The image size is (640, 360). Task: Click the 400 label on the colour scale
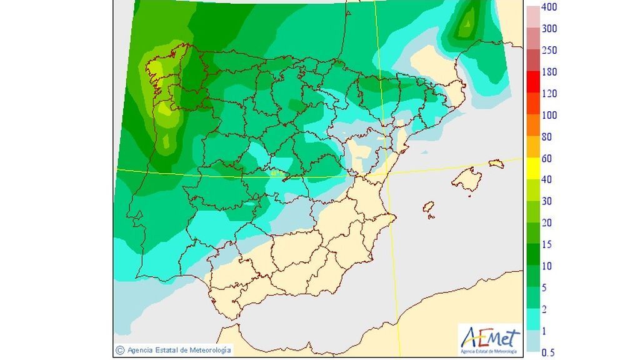[x=549, y=7]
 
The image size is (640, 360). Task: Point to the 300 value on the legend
[x=549, y=29]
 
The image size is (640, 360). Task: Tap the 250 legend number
[x=549, y=51]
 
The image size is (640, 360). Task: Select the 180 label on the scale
[x=549, y=72]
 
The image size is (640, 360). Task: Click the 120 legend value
[x=549, y=94]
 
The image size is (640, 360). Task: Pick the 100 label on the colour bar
[x=549, y=115]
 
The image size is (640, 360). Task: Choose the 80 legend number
[x=547, y=137]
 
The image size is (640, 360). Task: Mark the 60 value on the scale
[x=547, y=158]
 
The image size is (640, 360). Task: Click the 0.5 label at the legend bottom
[x=548, y=352]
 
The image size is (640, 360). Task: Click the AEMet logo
[x=490, y=339]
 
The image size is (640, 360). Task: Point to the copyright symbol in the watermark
[x=120, y=350]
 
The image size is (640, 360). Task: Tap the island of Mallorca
[x=465, y=180]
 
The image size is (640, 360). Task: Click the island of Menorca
[x=496, y=164]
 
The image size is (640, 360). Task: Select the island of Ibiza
[x=429, y=207]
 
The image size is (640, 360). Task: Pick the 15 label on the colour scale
[x=547, y=244]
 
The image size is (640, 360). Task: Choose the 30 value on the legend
[x=547, y=201]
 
